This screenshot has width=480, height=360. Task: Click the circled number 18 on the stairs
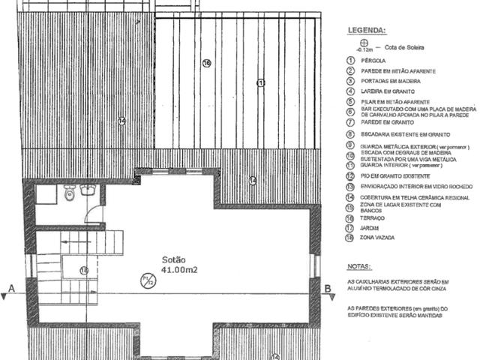[x=83, y=270]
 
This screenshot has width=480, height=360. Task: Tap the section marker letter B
[x=327, y=286]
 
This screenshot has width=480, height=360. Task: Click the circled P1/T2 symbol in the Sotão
[x=148, y=283]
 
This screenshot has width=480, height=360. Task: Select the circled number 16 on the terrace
[x=206, y=63]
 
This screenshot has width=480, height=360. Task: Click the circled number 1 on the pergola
[x=261, y=82]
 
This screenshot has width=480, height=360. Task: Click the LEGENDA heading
[x=366, y=31]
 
